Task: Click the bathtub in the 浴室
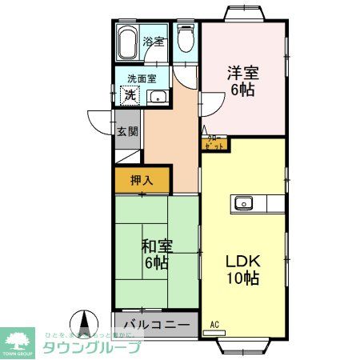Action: pyautogui.click(x=129, y=44)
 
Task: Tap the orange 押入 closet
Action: pyautogui.click(x=143, y=180)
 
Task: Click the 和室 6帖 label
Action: pyautogui.click(x=156, y=252)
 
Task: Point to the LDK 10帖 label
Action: pyautogui.click(x=242, y=270)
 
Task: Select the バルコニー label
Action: pyautogui.click(x=156, y=326)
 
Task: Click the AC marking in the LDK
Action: pyautogui.click(x=214, y=323)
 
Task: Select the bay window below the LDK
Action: pyautogui.click(x=246, y=346)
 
